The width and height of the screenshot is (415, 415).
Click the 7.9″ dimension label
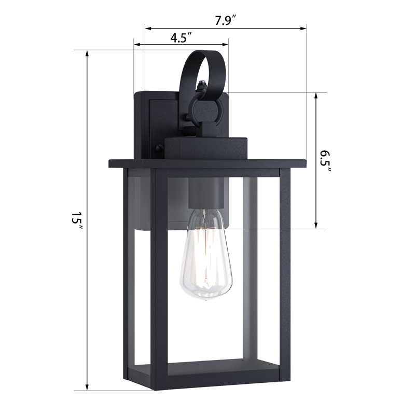pos(225,21)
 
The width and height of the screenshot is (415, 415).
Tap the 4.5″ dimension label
pos(181,37)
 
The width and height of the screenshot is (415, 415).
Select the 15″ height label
pos(77,220)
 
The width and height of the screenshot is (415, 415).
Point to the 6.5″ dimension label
pos(325,161)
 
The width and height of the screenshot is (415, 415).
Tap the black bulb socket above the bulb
pos(206,192)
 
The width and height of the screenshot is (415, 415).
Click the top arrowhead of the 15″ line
pos(87,53)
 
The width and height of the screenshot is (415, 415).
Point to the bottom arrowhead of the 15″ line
pos(87,387)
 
